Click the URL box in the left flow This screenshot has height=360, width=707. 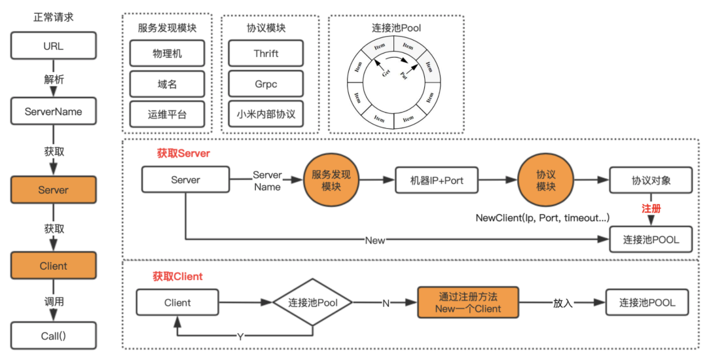pos(53,46)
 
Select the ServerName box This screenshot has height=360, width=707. pos(53,111)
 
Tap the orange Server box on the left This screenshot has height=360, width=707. pos(53,190)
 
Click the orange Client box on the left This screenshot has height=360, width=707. pos(53,266)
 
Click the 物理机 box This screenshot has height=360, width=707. pos(167,53)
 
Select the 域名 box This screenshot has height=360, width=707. pos(167,84)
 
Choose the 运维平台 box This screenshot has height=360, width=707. pos(167,114)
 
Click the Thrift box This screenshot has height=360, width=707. pos(266,53)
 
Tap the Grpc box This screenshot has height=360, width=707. pos(266,84)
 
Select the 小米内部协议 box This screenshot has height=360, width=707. pos(266,114)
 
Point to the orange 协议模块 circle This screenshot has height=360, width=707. pos(546,180)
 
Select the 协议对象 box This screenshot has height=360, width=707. pos(651,180)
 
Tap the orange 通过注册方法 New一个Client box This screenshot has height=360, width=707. pos(468,302)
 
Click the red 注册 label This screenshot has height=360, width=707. pos(651,208)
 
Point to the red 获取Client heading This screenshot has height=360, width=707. pos(179,276)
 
